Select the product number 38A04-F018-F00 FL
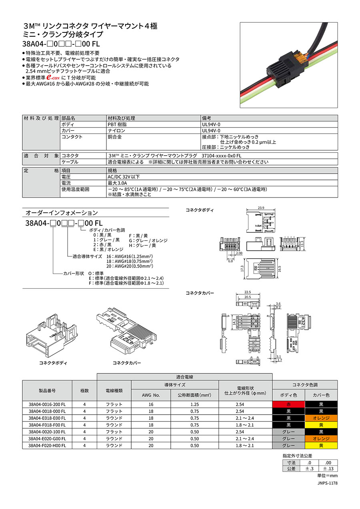tap(47, 425)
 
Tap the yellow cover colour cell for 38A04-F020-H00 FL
tap(321, 445)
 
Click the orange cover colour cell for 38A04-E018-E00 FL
tap(321, 418)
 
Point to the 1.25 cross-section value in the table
tap(194, 404)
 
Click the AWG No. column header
tap(151, 395)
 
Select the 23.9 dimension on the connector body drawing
tap(261, 208)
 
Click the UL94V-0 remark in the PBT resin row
tap(211, 124)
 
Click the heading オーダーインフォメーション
tap(61, 213)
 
